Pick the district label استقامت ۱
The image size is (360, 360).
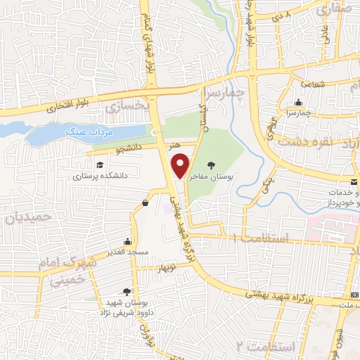263,239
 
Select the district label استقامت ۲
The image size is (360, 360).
259,346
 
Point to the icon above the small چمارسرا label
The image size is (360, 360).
299,103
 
